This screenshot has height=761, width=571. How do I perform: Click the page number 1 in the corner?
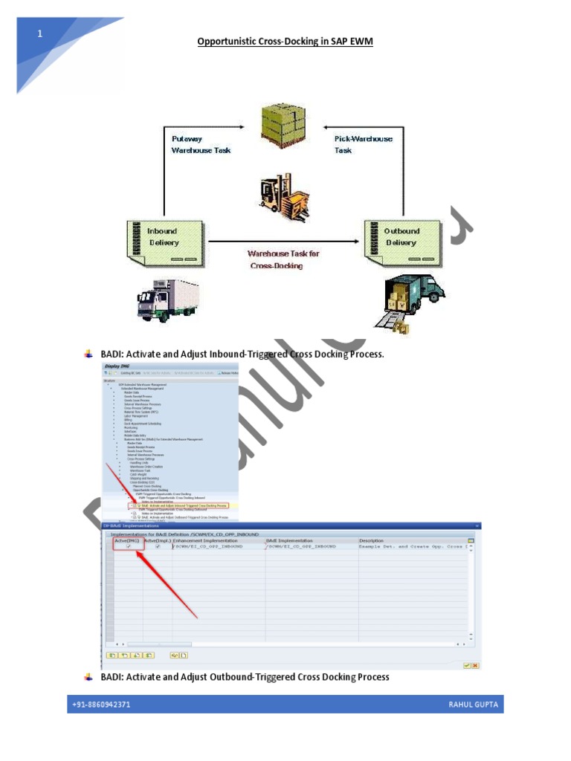pos(40,33)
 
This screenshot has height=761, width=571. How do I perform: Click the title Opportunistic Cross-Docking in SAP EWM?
pos(285,42)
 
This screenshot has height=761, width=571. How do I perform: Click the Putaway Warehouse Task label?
pos(201,144)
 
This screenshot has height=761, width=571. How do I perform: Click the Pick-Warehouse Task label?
pos(363,144)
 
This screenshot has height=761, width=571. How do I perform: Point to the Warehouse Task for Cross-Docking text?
pos(283,259)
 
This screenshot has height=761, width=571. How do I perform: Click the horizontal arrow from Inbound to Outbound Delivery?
pos(283,241)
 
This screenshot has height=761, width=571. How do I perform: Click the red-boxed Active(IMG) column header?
pos(126,540)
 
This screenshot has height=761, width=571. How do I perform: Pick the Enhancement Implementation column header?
pos(205,540)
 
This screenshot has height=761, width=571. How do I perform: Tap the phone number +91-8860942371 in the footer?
pos(101,704)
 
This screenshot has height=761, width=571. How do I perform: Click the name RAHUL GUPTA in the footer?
pos(473,704)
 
